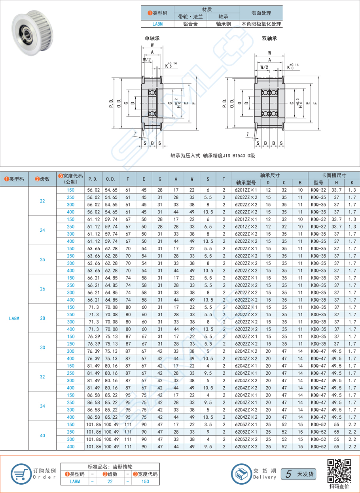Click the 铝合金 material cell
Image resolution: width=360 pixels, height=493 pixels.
click(190, 24)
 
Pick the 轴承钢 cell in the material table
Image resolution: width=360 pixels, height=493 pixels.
click(223, 24)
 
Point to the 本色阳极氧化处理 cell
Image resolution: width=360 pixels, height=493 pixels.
click(261, 24)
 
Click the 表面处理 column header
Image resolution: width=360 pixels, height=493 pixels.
click(261, 13)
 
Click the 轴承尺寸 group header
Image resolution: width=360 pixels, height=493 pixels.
click(270, 175)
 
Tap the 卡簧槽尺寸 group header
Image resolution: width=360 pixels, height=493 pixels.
click(333, 175)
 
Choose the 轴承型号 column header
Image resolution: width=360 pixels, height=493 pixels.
click(246, 183)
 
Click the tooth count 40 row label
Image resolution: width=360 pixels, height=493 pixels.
click(42, 436)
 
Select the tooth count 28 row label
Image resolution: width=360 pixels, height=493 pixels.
click(42, 318)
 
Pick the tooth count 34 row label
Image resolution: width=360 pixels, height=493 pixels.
click(42, 406)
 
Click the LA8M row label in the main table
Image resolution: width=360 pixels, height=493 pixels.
click(14, 318)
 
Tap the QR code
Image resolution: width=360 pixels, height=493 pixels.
click(339, 471)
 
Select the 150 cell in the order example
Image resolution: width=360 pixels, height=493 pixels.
click(145, 482)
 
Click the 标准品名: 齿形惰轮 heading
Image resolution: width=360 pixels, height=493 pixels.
click(110, 466)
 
